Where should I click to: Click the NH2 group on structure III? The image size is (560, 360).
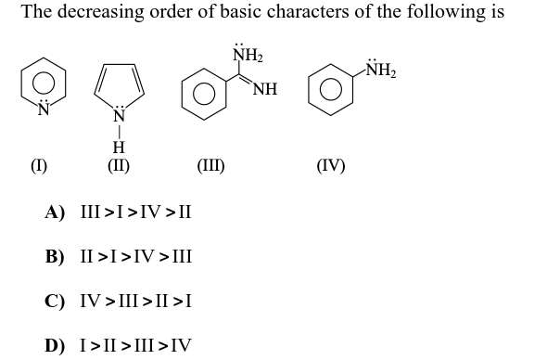tap(247, 56)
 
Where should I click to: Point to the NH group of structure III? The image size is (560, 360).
tap(265, 89)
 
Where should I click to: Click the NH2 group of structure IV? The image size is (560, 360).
tap(379, 70)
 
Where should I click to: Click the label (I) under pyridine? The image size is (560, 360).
tap(38, 166)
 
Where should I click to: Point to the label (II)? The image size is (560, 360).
tap(119, 166)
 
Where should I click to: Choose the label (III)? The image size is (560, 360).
tap(210, 166)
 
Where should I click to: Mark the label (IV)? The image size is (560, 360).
tap(330, 166)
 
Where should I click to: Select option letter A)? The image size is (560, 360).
tap(56, 212)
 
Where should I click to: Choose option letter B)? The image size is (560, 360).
tap(56, 256)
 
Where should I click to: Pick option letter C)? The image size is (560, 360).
tap(56, 301)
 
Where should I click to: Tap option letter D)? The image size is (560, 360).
tap(56, 345)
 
